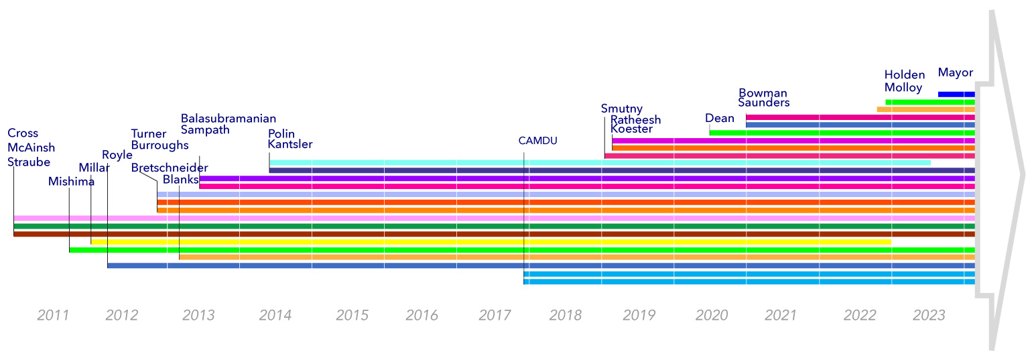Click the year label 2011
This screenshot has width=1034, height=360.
coord(53,315)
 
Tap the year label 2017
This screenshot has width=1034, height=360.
coord(495,315)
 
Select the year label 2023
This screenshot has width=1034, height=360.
coord(929,315)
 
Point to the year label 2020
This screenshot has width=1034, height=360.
coord(712,315)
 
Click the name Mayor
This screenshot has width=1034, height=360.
coord(955,72)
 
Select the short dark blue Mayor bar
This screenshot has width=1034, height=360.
coord(956,94)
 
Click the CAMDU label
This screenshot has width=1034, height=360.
coord(537,141)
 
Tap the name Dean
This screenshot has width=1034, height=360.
coord(720,118)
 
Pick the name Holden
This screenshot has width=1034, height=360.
coord(904,75)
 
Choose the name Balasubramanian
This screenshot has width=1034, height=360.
coord(229,119)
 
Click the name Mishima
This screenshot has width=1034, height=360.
coord(71,181)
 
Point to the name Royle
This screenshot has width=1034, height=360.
coord(117,156)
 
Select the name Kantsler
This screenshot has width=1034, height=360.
coord(290,144)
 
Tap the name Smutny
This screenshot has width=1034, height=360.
coord(622,109)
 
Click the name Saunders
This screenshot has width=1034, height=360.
coord(764,103)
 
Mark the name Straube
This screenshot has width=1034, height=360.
coord(29,162)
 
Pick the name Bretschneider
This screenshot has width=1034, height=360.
coord(170,168)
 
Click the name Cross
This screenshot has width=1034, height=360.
coord(23,133)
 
